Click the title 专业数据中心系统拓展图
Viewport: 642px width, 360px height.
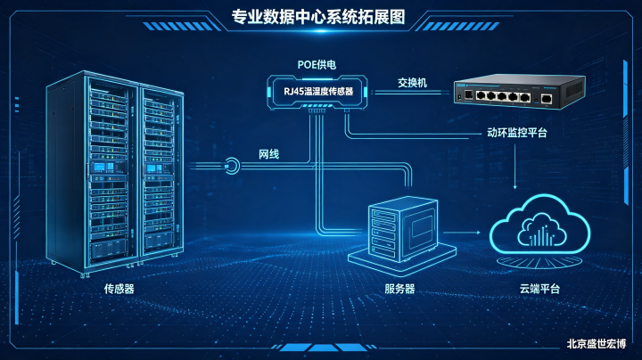pyautogui.click(x=318, y=17)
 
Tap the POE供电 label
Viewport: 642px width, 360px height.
pyautogui.click(x=317, y=65)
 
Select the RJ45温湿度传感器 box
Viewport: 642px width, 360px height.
pyautogui.click(x=317, y=92)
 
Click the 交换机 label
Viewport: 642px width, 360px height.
pyautogui.click(x=412, y=83)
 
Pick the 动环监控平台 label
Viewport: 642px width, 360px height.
pyautogui.click(x=516, y=133)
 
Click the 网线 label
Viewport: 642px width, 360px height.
pyautogui.click(x=268, y=154)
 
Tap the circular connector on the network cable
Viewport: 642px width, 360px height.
pyautogui.click(x=232, y=166)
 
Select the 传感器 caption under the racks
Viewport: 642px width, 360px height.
pyautogui.click(x=119, y=289)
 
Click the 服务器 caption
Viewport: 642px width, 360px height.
pyautogui.click(x=399, y=289)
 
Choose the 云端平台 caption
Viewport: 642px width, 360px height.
pyautogui.click(x=539, y=289)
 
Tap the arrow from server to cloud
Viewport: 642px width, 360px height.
pyautogui.click(x=462, y=233)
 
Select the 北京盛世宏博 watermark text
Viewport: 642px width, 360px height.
pyautogui.click(x=597, y=344)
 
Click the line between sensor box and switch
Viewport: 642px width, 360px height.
pyautogui.click(x=410, y=93)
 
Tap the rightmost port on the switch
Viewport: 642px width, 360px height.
pyautogui.click(x=547, y=99)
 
